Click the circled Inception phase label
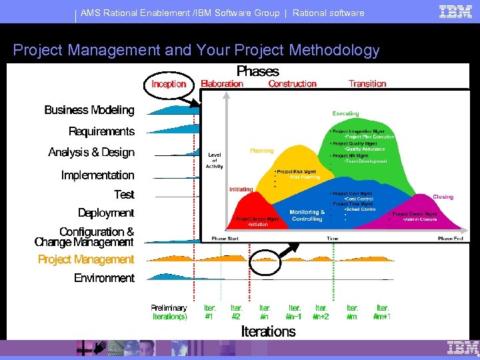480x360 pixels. (x=169, y=84)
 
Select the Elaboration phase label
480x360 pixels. (x=222, y=83)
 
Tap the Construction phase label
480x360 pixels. (x=292, y=83)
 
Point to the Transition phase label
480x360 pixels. (x=367, y=83)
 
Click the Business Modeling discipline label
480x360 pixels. (x=89, y=110)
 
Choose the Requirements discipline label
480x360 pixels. (x=101, y=131)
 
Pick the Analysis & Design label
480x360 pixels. (x=91, y=153)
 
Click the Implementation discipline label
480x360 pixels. (x=97, y=175)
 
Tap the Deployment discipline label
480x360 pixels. (x=106, y=213)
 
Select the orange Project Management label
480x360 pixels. (x=86, y=259)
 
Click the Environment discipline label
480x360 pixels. (x=104, y=278)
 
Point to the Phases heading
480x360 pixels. (x=258, y=71)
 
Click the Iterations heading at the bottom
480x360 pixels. (x=268, y=331)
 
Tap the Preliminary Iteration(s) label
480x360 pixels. (x=169, y=312)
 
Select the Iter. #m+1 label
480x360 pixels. (x=382, y=312)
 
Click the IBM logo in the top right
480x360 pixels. (x=456, y=11)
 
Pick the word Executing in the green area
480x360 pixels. (x=345, y=114)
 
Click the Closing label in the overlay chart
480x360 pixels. (x=443, y=197)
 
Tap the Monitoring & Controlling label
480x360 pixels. (x=307, y=215)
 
